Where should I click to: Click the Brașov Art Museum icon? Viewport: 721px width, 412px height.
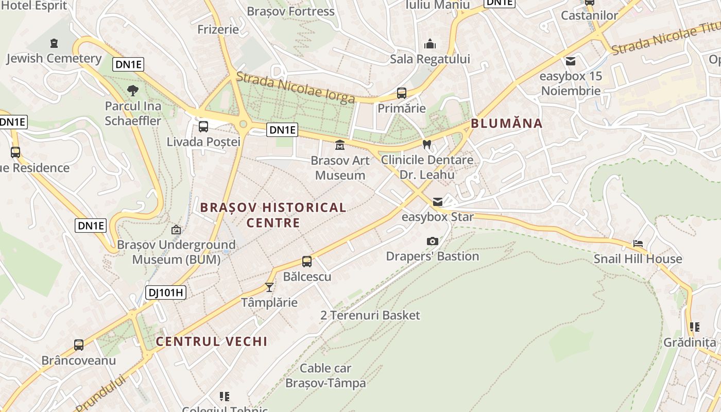(340, 145)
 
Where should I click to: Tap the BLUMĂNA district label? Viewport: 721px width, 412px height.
(506, 123)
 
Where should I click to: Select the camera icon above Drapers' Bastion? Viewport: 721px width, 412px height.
(433, 241)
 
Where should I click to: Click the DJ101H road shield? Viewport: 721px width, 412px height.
(165, 293)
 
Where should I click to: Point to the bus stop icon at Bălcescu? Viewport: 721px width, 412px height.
(307, 262)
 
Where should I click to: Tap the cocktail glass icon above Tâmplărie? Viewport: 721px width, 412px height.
(269, 287)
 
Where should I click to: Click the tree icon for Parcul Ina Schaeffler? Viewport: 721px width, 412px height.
(133, 91)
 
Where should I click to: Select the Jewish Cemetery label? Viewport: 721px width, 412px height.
(54, 58)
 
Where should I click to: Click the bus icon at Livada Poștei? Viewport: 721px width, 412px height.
(203, 127)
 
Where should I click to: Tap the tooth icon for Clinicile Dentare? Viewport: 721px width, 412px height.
(426, 145)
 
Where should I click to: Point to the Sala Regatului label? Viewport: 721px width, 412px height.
(430, 59)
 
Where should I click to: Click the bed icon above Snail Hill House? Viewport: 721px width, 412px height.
(638, 244)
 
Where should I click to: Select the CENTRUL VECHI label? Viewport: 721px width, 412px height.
(212, 341)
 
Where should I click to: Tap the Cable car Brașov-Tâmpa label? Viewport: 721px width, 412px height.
(325, 375)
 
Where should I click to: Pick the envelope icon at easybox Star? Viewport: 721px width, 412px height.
(437, 202)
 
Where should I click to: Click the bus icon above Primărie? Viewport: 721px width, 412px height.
(401, 93)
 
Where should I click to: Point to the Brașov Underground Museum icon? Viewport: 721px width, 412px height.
(176, 230)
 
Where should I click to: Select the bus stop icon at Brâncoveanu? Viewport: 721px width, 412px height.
(79, 345)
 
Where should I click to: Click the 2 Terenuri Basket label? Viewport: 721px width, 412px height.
(370, 315)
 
